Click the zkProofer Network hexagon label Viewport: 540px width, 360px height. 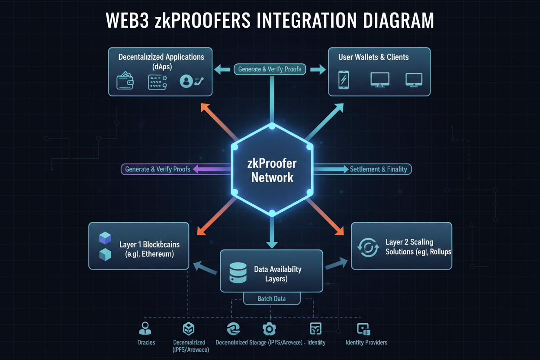tap(272, 170)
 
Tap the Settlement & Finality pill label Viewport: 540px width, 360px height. tap(378, 169)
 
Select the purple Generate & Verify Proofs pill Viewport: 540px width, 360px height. tap(157, 169)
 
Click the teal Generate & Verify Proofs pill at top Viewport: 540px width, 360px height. tap(270, 69)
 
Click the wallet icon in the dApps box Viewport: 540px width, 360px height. tap(125, 81)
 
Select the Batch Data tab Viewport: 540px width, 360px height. tap(271, 299)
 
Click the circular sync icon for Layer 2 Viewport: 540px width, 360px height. tap(368, 247)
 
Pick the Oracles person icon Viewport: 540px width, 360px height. tap(145, 329)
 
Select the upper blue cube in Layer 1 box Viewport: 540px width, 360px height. tap(105, 238)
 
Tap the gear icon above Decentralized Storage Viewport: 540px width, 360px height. tap(269, 329)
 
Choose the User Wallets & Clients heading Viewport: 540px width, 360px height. tap(374, 57)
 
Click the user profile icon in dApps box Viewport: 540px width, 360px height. tap(186, 81)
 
